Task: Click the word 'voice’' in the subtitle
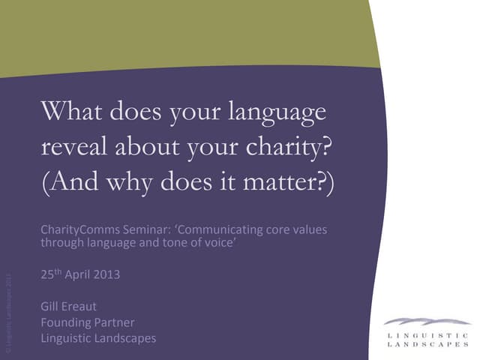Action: (x=220, y=241)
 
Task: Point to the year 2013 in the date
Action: (x=106, y=274)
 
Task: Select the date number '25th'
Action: (x=50, y=274)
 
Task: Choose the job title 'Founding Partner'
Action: (x=87, y=322)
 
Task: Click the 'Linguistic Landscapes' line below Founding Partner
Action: (x=98, y=338)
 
